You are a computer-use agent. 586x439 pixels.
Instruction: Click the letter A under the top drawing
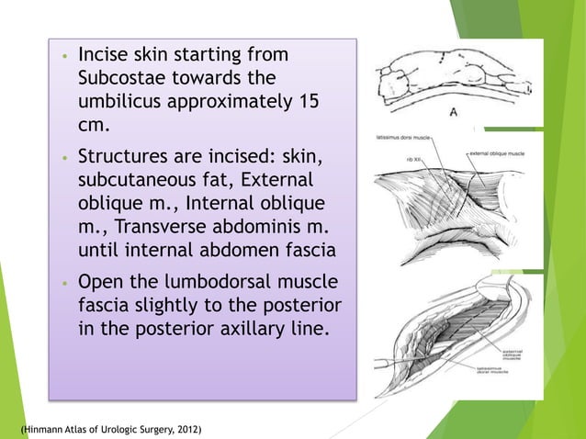454,112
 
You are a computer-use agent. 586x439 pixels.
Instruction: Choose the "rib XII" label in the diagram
414,157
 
